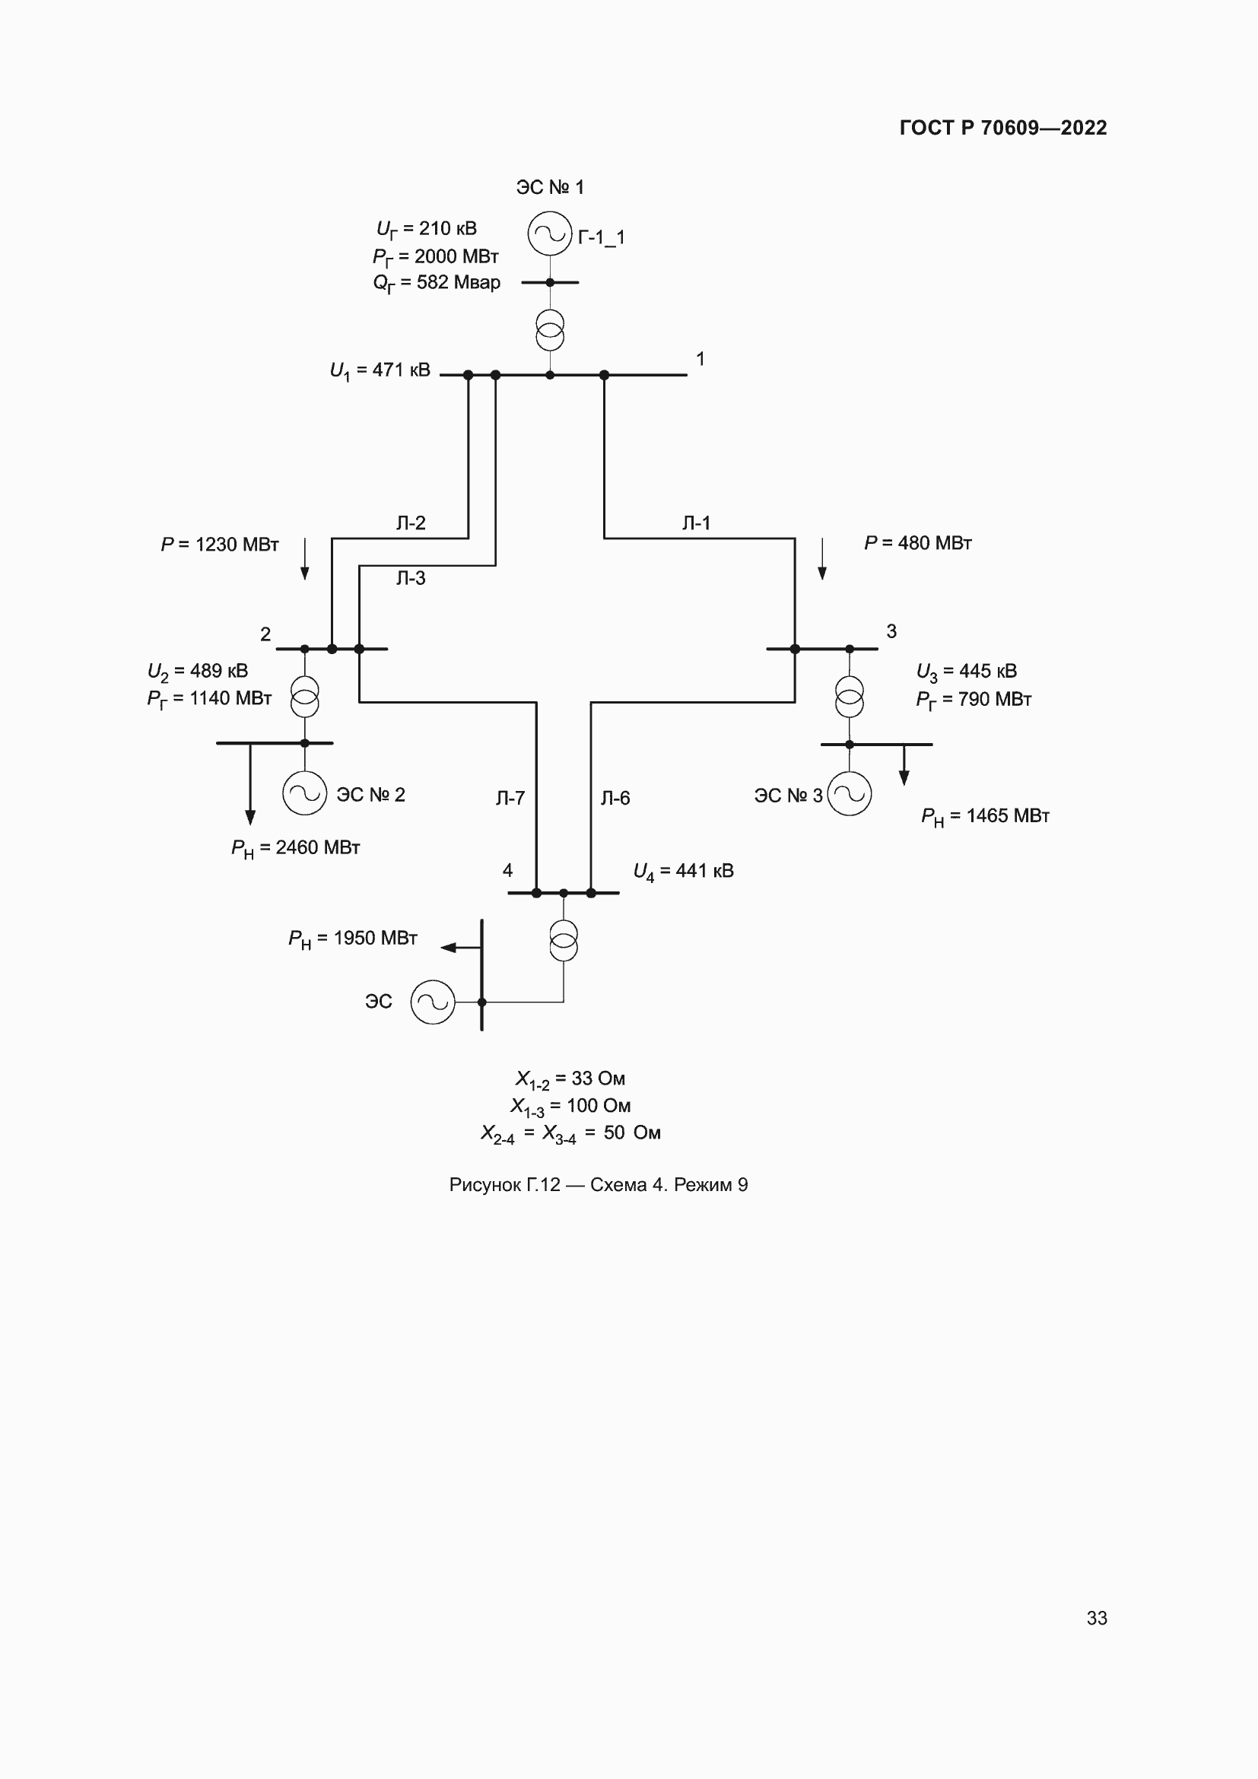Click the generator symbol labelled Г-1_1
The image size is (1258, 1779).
[550, 233]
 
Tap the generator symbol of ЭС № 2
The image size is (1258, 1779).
[304, 793]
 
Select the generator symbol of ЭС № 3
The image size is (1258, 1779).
[849, 794]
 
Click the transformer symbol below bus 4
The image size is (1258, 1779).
[563, 941]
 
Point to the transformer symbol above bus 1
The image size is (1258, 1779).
[550, 330]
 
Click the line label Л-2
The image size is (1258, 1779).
[411, 523]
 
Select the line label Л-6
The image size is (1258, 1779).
[615, 798]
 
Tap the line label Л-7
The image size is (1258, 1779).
[510, 798]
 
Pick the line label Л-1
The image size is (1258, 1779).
[697, 523]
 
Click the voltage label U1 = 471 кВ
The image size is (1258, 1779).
[380, 370]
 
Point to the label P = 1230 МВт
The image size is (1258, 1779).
[219, 545]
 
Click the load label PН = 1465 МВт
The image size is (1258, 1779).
[984, 817]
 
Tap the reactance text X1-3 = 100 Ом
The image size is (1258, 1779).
[570, 1107]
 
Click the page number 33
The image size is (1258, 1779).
[1096, 1618]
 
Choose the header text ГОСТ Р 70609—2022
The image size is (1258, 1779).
[1003, 128]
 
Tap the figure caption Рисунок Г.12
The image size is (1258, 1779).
[598, 1185]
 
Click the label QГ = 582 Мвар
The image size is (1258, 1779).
[436, 283]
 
